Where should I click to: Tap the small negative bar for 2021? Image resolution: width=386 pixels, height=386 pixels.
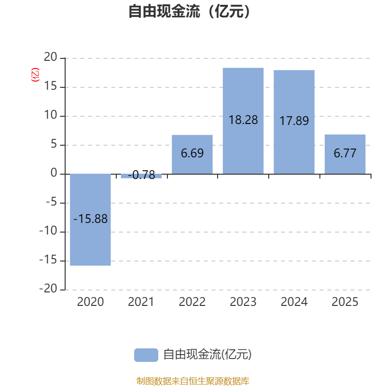point(141,176)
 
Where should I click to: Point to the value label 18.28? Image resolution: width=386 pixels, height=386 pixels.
point(243,120)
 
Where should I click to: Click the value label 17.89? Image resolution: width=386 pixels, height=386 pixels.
point(294,121)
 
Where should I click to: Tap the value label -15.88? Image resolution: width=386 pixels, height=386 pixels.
point(91,219)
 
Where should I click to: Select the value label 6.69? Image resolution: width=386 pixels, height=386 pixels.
point(192,154)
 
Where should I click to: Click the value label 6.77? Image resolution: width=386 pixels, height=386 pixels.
point(345,154)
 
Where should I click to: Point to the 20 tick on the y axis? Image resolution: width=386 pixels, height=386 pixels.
point(51,58)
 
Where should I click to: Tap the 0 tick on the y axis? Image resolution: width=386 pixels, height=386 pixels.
point(54,174)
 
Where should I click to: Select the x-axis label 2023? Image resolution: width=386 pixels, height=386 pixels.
point(243,303)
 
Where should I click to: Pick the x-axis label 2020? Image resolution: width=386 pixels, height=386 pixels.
point(91,303)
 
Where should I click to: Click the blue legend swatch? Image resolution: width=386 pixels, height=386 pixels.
point(146,355)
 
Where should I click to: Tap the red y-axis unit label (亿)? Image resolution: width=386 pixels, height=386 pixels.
point(35,75)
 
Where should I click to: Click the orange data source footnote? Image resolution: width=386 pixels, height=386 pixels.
point(193,381)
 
